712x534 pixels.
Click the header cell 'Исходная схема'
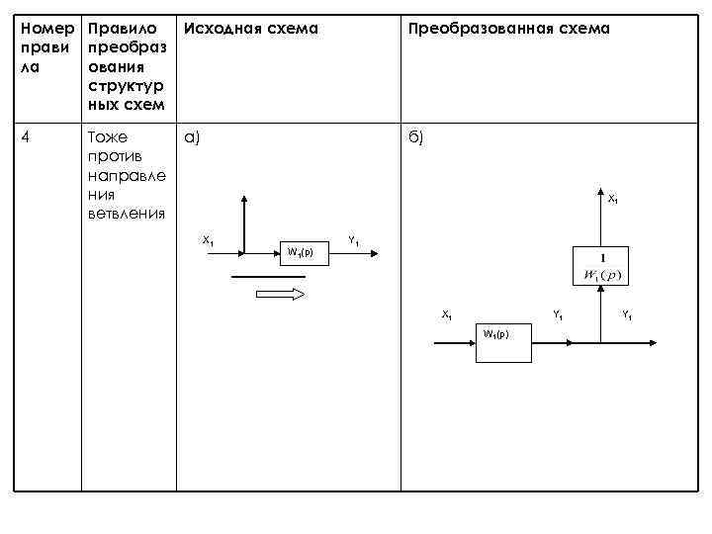pos(251,29)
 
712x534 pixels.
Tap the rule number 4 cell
pos(27,137)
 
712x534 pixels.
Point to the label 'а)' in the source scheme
pos(192,137)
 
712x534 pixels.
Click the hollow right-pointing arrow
pos(280,294)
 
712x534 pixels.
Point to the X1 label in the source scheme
pos(209,240)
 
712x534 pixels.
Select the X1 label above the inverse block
pos(612,200)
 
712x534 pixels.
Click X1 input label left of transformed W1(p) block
pos(447,314)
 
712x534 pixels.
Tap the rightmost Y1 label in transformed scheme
pos(626,315)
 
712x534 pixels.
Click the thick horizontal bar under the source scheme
pos(269,277)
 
